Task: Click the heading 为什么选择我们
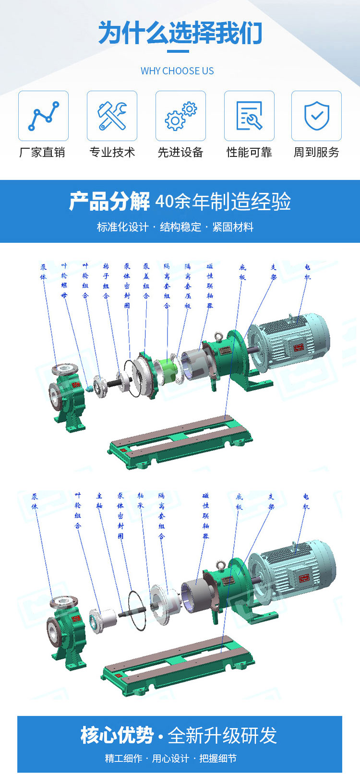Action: click(x=180, y=34)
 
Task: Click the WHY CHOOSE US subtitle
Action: click(x=177, y=71)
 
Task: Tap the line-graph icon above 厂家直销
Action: click(x=43, y=116)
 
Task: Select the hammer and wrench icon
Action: click(x=112, y=116)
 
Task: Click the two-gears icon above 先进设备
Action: click(x=180, y=116)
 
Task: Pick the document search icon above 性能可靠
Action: click(x=249, y=116)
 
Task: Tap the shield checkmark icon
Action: click(x=316, y=116)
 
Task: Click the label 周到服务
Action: click(x=316, y=153)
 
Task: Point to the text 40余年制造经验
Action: click(x=223, y=202)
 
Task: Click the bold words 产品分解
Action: click(x=109, y=202)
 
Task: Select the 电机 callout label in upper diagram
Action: click(x=307, y=272)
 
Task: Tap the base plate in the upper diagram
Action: click(x=180, y=439)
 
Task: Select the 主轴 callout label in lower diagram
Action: click(x=99, y=500)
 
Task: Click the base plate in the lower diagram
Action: click(x=178, y=665)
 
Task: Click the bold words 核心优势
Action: click(x=117, y=736)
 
